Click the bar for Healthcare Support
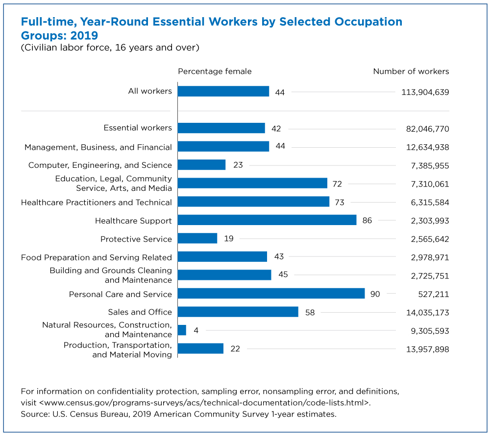coord(267,220)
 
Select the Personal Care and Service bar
coord(271,294)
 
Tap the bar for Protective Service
coord(197,238)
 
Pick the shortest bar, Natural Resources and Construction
coord(182,330)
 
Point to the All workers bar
coord(223,92)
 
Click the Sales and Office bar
coord(238,312)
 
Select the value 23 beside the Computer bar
coord(238,165)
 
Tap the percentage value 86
coord(367,221)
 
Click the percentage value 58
coord(310,313)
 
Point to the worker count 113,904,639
coord(425,92)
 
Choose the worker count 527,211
coord(434,294)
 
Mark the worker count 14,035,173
coord(428,313)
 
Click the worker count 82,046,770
coord(428,129)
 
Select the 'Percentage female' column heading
coord(215,71)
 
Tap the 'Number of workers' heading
coord(411,71)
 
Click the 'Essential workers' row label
coord(138,128)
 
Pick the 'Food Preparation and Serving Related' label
coord(97,257)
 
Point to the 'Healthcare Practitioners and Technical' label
coord(97,203)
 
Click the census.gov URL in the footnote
coord(204,403)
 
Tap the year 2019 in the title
coord(84,36)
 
